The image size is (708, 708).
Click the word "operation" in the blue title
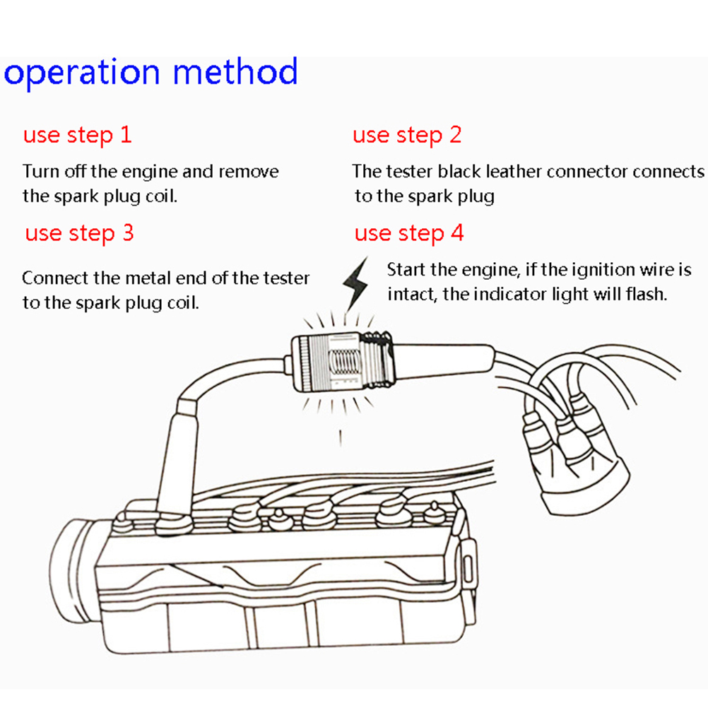tap(83, 73)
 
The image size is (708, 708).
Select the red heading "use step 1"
tap(77, 135)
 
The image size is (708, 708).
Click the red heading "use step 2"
tap(407, 135)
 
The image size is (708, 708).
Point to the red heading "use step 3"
tap(79, 232)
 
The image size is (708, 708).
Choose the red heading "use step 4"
tap(409, 232)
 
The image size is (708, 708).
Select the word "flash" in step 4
tap(647, 294)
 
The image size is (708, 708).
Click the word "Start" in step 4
tap(406, 269)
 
